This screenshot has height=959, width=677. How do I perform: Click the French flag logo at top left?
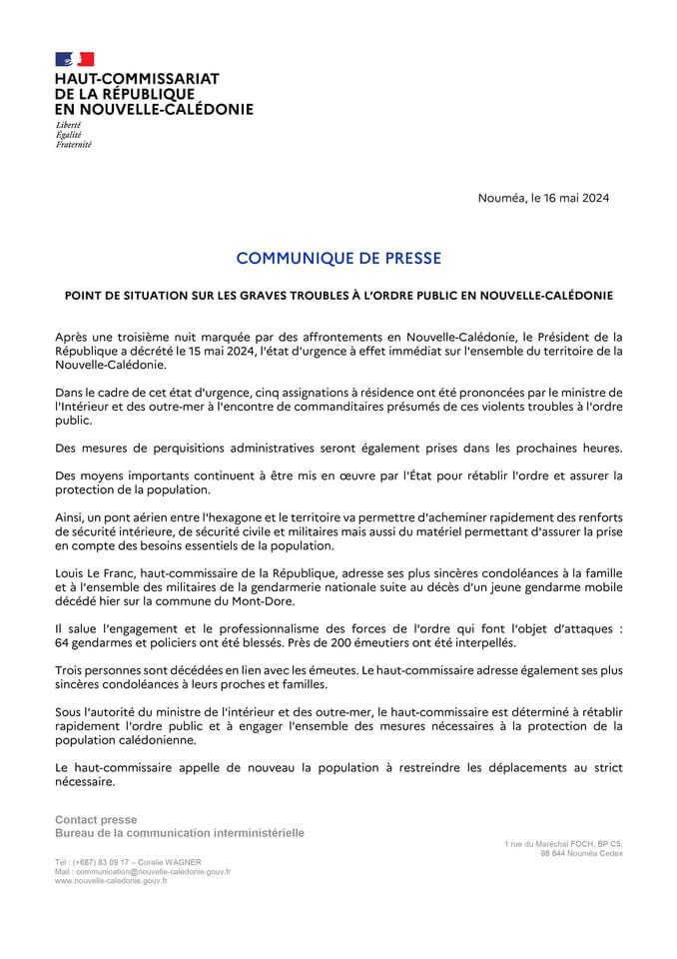click(x=74, y=59)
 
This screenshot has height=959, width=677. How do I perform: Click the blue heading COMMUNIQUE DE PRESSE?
click(x=338, y=258)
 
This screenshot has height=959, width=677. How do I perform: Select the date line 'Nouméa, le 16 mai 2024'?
click(x=543, y=197)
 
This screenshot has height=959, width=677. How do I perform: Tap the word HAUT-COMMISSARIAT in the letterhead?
click(x=137, y=78)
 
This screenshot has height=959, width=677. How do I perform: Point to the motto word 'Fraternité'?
click(x=73, y=144)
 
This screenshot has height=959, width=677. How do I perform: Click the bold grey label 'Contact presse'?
click(x=96, y=820)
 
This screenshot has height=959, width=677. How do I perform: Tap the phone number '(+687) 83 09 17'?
click(x=104, y=862)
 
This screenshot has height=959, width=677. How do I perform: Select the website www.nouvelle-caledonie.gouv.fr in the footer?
click(x=111, y=880)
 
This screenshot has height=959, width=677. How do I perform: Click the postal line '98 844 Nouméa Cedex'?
click(x=581, y=853)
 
